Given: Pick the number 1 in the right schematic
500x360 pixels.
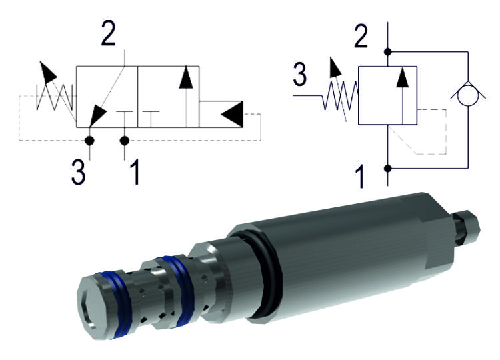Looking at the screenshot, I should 361,177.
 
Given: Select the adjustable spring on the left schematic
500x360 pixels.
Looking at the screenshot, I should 53,94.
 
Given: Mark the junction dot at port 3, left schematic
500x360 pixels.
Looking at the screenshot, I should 90,140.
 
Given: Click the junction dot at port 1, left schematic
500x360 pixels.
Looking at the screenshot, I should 124,140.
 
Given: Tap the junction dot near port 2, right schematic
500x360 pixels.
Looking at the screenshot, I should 387,51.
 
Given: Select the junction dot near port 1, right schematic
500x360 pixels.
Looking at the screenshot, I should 387,169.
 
